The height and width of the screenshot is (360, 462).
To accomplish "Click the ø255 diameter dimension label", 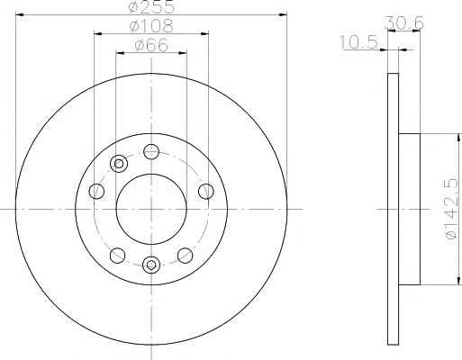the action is click(151, 6).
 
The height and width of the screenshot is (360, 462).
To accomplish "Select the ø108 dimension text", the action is click(151, 26).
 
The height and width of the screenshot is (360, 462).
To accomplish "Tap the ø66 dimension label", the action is click(151, 46).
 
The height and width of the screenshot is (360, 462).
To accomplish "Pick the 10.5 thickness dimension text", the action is click(358, 42).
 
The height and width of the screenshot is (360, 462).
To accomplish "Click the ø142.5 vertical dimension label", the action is click(453, 209).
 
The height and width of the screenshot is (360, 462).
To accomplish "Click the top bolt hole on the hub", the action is click(151, 151).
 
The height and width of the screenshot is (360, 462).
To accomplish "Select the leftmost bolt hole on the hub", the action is click(96, 191).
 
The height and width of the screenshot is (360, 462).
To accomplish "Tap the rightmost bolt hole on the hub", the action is click(206, 191).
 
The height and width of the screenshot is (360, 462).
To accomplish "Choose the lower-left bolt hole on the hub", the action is click(117, 256).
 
